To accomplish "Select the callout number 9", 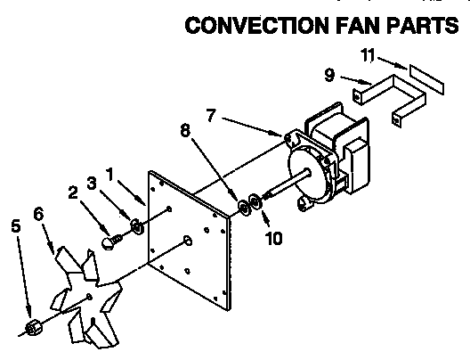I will click(330, 76).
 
